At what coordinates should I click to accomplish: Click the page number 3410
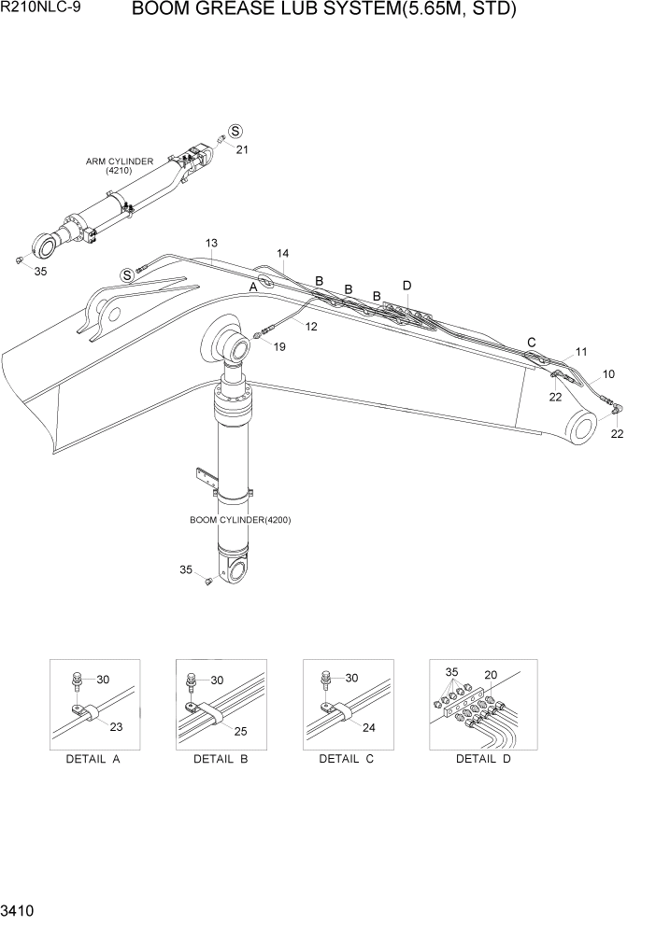pos(20,908)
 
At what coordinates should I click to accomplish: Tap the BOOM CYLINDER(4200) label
pos(240,520)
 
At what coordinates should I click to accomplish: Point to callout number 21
pos(242,149)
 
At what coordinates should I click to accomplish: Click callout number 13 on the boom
pos(211,244)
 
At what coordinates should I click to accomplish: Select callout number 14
pos(282,253)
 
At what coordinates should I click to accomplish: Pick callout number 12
pos(310,326)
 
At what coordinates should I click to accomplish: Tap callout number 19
pos(278,346)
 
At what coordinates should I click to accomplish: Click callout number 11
pos(580,352)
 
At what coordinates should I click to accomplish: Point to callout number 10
pos(608,374)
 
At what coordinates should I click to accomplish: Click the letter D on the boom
pos(406,285)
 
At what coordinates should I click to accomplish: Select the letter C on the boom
pos(532,342)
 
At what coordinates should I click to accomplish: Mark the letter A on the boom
pos(252,288)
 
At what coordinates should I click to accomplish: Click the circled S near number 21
pos(235,132)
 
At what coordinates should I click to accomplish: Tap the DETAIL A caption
pos(93,759)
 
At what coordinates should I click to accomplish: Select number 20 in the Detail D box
pos(491,675)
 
